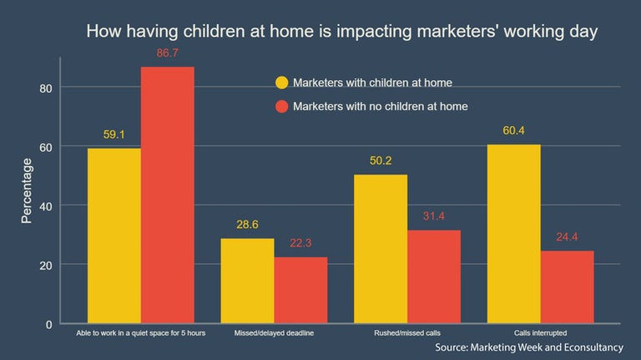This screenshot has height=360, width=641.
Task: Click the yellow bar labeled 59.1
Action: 114,236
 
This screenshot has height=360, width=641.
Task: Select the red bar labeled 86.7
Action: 167,195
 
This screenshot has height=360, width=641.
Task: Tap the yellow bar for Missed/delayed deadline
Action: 247,281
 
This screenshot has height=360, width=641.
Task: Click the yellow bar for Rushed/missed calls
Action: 381,249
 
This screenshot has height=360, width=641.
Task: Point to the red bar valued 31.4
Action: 433,276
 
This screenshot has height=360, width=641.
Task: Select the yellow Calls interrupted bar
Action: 513,234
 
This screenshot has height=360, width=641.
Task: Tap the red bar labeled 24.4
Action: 567,286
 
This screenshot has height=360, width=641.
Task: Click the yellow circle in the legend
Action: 281,83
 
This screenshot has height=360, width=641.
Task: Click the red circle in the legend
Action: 281,106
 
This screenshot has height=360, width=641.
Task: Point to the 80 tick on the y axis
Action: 45,88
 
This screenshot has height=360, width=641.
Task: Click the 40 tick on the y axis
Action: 45,205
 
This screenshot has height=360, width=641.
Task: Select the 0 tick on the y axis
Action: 49,323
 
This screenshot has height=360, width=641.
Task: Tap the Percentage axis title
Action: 27,192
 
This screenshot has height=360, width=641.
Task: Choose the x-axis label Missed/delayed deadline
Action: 274,333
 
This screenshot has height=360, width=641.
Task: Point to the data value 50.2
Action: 381,161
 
